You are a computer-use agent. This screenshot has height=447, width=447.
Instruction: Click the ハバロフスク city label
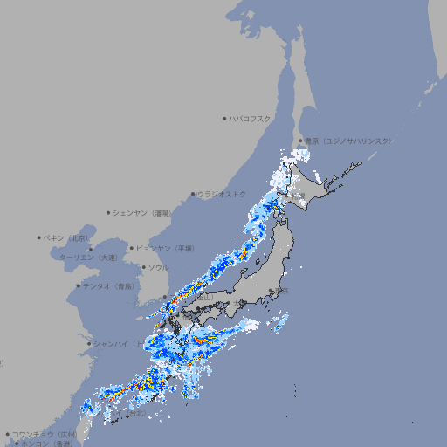251,118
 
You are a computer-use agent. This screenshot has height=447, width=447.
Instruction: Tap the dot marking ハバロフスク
224,118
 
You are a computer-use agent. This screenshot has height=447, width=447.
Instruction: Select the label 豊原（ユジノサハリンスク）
347,141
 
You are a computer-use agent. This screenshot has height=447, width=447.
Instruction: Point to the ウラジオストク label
222,194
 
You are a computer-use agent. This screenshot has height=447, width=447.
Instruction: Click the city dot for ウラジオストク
193,194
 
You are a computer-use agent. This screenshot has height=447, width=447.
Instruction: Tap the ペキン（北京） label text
68,237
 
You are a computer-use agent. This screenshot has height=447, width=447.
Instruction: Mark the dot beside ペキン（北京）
39,237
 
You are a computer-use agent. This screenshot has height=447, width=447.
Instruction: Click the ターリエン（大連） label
88,258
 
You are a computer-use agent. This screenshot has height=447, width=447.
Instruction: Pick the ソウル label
158,267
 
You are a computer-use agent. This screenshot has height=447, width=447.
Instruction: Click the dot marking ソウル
143,267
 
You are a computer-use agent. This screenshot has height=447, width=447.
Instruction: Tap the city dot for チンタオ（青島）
79,285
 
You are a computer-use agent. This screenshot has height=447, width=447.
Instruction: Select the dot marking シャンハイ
89,343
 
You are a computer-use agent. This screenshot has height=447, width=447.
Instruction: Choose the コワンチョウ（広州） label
45,434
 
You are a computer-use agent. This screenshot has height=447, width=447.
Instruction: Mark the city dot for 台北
127,416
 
